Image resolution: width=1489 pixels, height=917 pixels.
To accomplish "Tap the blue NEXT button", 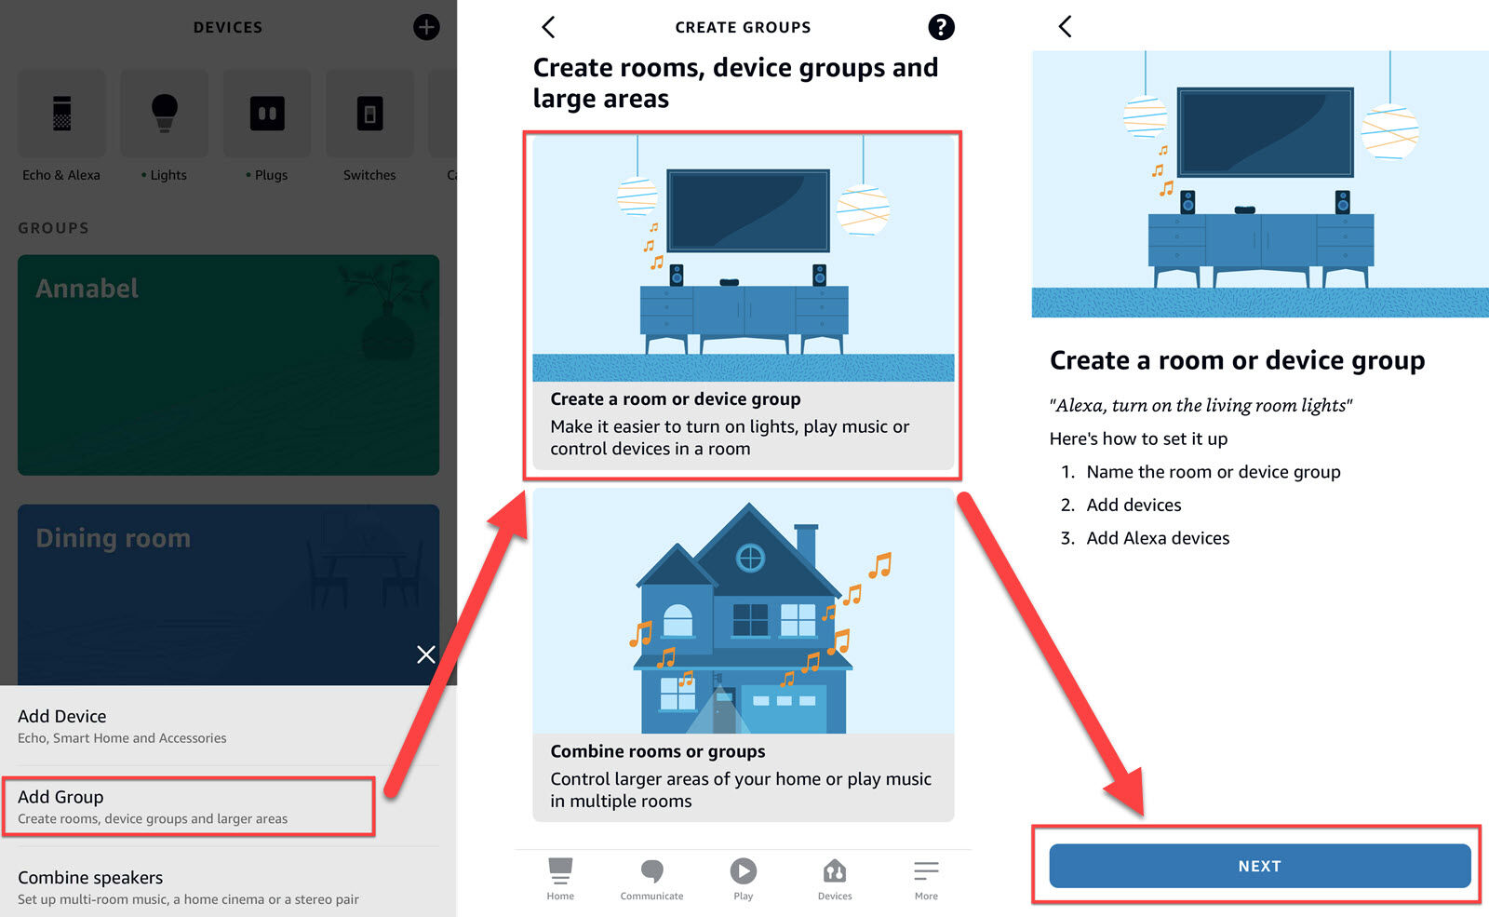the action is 1260,866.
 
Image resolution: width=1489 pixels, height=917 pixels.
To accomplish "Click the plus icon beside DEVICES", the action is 426,27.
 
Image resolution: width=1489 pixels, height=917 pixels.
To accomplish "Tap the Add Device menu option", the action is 122,725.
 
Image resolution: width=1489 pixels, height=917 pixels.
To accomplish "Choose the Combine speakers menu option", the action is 188,887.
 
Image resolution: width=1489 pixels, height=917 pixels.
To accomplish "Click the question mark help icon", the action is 941,27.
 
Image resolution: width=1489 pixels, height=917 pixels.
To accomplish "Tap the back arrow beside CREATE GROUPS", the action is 548,27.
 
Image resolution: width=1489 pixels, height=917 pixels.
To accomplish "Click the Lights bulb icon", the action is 164,113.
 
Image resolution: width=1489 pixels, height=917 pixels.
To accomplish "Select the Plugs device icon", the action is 267,113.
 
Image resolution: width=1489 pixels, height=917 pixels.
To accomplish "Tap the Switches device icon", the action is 369,113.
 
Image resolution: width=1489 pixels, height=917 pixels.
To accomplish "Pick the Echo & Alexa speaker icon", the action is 61,113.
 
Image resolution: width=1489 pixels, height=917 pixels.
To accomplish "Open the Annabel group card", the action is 228,364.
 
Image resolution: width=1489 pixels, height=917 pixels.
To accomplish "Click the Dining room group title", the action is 113,537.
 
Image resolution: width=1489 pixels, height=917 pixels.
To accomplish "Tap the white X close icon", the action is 426,654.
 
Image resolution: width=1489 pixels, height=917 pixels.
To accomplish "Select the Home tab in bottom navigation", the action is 560,879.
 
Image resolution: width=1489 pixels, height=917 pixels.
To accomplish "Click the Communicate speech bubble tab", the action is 651,879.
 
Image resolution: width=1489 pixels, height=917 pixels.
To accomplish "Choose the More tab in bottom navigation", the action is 926,879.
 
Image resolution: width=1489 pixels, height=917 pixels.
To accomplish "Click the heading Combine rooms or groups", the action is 657,750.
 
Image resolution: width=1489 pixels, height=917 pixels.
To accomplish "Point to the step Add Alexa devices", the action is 1158,537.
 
